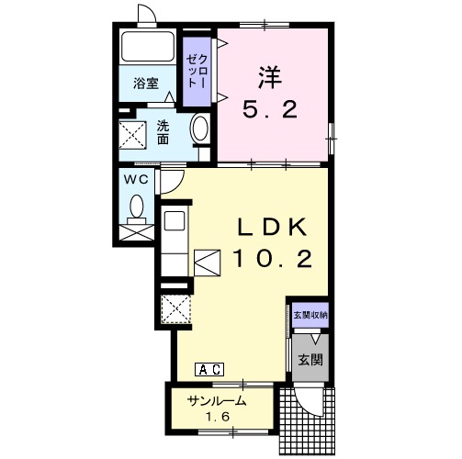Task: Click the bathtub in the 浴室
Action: tap(148, 47)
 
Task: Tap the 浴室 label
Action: tap(146, 84)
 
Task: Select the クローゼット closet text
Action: tap(197, 71)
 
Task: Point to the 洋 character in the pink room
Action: tap(270, 78)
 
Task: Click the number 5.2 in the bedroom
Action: tap(270, 110)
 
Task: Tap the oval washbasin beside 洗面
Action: tap(200, 129)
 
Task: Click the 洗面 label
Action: tap(163, 132)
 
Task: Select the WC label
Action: tap(136, 180)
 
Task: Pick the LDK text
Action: tap(272, 228)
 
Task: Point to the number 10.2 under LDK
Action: tap(273, 259)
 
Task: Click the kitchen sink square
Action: tap(175, 220)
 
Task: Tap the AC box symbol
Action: tap(209, 369)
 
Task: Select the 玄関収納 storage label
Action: tap(310, 315)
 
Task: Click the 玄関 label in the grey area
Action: tap(310, 360)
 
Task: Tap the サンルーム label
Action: tap(217, 400)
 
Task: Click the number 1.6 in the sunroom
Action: tap(218, 417)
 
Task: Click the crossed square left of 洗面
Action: tap(132, 135)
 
